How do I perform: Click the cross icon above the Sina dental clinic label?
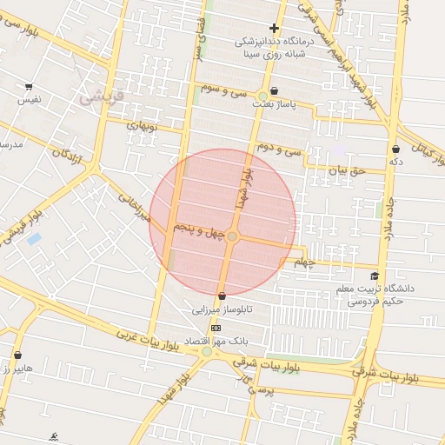(x=274, y=28)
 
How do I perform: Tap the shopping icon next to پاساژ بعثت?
(x=275, y=91)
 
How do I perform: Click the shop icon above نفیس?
(x=29, y=87)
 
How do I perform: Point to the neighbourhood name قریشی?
(x=103, y=97)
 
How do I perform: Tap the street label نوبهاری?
(x=140, y=125)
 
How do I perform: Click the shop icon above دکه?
(x=396, y=149)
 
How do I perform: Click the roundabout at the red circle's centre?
(x=232, y=236)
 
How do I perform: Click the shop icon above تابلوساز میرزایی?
(x=223, y=296)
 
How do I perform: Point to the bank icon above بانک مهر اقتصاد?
(x=216, y=328)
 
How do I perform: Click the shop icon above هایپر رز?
(x=17, y=355)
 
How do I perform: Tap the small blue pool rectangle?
(x=34, y=238)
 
